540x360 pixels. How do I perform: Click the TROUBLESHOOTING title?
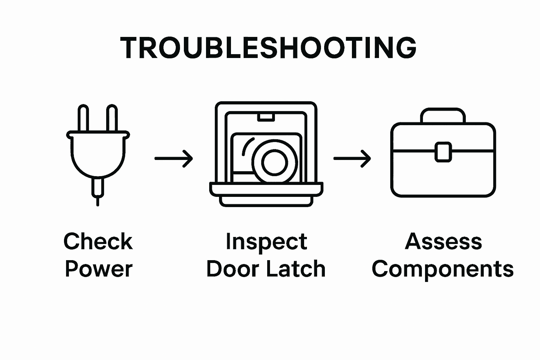tap(268, 48)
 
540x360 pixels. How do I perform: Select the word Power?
tap(98, 269)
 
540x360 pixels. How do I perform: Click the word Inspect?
tap(266, 242)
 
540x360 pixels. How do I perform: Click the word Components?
tap(443, 270)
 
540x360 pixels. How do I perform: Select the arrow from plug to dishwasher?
tap(174, 159)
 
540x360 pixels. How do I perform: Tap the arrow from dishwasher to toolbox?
tap(352, 159)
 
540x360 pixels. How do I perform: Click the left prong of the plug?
tap(83, 118)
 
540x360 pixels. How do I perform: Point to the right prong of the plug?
tap(112, 118)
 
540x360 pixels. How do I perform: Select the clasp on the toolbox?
tap(443, 152)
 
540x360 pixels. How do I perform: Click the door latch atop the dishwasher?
tap(266, 117)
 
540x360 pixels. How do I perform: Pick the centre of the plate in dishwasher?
tap(275, 162)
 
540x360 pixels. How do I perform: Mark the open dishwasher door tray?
tap(266, 189)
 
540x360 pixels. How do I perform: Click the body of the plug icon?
tap(98, 155)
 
